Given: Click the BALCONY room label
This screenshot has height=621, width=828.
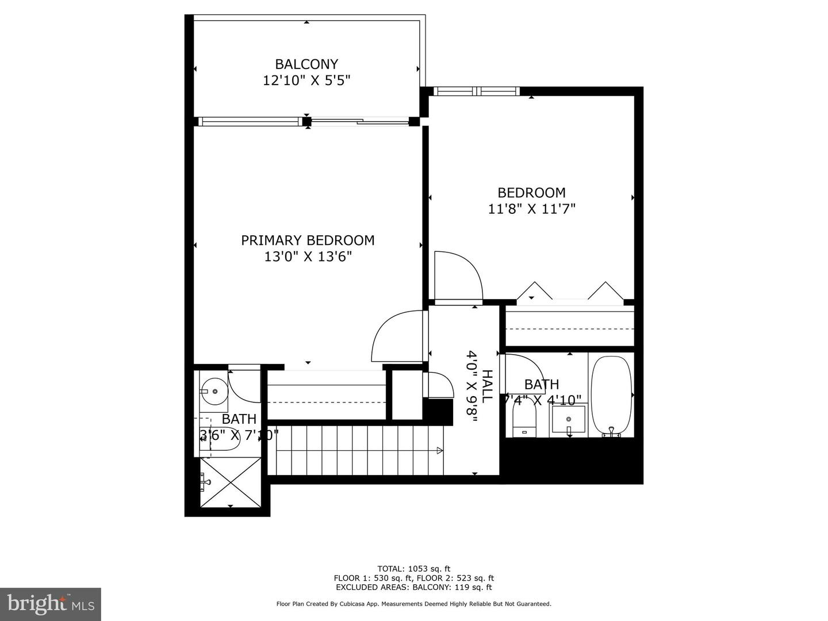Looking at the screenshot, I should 306,64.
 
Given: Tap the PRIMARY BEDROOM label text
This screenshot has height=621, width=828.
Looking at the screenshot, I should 308,240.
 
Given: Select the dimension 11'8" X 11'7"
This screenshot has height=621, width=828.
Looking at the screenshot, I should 531,209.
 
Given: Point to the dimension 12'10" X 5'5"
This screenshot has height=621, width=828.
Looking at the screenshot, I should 306,80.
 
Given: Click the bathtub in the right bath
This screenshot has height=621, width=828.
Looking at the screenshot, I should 612,396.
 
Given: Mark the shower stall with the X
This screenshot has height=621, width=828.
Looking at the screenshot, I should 231,482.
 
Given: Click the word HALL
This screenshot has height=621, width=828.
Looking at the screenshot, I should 487,386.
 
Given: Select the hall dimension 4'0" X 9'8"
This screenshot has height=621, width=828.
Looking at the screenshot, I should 473,386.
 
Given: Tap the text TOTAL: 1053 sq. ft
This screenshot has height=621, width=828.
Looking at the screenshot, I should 413,569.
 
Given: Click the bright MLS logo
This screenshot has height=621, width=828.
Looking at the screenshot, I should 51,604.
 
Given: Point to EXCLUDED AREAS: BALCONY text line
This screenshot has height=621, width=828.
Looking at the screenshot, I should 413,588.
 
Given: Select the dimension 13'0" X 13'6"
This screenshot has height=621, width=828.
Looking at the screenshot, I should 308,256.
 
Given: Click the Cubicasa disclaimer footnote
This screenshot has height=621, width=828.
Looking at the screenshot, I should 413,604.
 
